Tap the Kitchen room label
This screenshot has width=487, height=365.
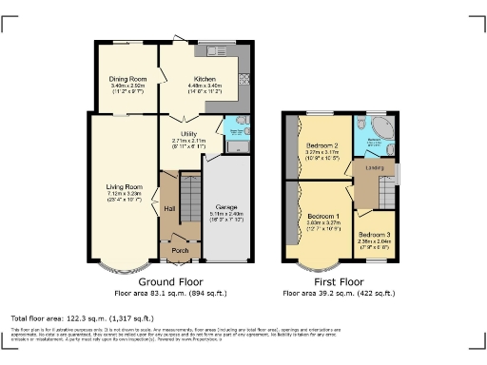pos(206,79)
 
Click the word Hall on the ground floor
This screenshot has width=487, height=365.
pos(169,208)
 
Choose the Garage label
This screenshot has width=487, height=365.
pos(226,205)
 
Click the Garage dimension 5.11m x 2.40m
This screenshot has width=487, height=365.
pos(226,213)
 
